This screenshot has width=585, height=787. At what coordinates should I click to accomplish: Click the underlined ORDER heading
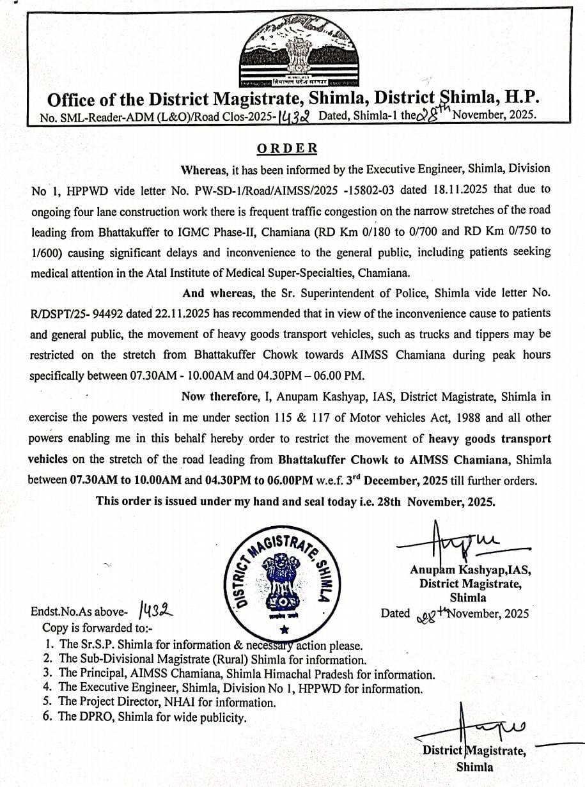click(287, 148)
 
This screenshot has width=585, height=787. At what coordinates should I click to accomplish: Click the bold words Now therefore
click(219, 396)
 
